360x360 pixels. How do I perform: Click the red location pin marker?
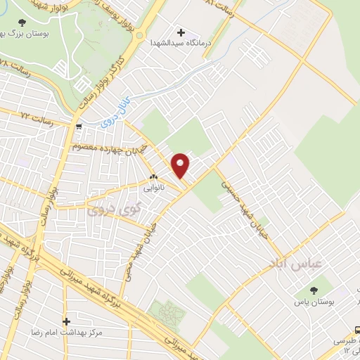coord(181,165)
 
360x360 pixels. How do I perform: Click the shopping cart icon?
coord(79,127)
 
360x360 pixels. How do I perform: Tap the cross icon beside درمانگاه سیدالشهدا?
coord(182,32)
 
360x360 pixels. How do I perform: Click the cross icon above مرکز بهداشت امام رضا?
coord(66,321)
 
